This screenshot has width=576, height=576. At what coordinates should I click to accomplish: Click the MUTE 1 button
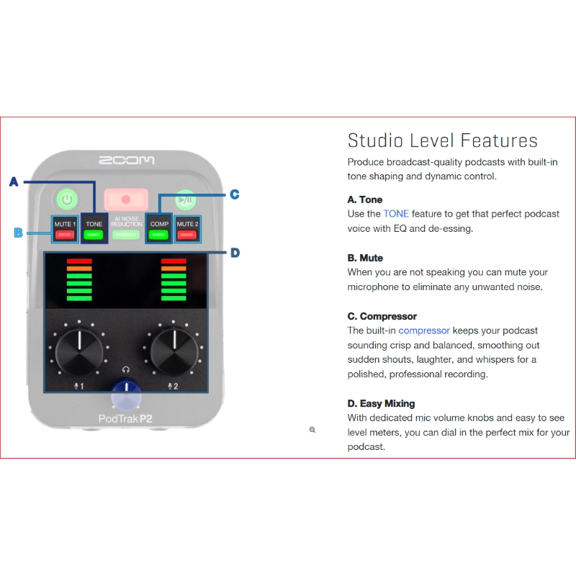(64, 229)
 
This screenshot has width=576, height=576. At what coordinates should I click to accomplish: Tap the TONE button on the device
(94, 229)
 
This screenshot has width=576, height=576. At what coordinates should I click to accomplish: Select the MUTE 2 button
(187, 229)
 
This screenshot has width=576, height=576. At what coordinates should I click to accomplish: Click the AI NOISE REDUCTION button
(126, 228)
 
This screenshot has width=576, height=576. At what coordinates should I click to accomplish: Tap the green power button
(67, 199)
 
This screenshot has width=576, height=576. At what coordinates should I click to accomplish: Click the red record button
(126, 199)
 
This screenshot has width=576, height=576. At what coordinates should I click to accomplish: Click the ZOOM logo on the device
(127, 159)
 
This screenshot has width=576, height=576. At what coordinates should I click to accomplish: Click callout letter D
(235, 253)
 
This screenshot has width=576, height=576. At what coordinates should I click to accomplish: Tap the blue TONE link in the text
(395, 214)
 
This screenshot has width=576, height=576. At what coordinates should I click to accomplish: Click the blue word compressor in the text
(424, 330)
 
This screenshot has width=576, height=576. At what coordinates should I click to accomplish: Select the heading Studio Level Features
(442, 140)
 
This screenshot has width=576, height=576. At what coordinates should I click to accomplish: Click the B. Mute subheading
(365, 258)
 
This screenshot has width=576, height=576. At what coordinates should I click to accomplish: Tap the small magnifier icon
(312, 429)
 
